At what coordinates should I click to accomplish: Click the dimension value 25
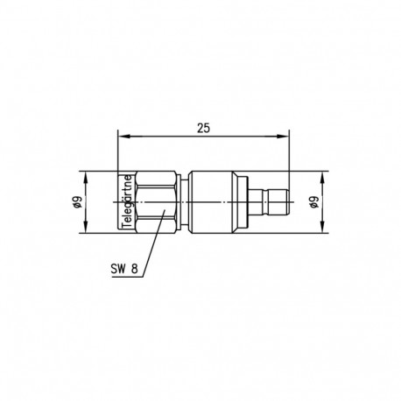point(203,127)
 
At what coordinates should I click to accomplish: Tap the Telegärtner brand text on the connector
point(125,201)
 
